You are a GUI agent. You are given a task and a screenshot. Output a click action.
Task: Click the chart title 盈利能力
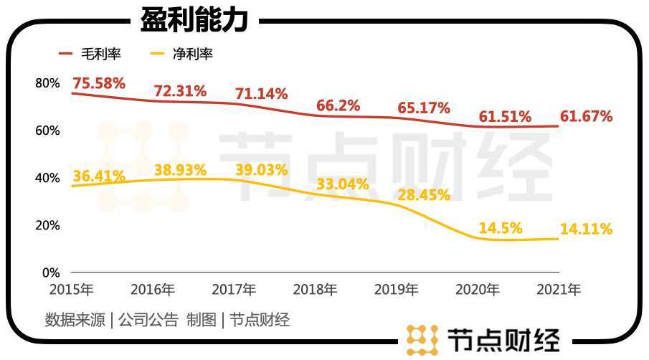click(194, 20)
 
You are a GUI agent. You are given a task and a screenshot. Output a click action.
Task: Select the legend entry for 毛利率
click(91, 54)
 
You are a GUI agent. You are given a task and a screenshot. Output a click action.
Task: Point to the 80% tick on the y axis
click(47, 83)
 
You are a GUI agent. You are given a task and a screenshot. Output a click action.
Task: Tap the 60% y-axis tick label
click(47, 131)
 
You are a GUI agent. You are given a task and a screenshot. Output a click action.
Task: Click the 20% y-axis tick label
click(47, 225)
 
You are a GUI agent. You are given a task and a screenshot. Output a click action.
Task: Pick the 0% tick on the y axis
click(50, 273)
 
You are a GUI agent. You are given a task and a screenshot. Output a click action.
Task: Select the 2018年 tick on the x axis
click(316, 290)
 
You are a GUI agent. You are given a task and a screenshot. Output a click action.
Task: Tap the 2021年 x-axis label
click(559, 290)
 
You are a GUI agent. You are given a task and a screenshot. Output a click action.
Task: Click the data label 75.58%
click(99, 83)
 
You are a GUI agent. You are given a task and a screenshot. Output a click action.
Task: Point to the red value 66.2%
click(338, 106)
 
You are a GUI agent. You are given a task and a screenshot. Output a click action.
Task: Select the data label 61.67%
click(586, 115)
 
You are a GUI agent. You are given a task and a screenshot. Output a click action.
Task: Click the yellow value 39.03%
click(262, 171)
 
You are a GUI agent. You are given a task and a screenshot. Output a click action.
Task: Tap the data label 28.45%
click(424, 195)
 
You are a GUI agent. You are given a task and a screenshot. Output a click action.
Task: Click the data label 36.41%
click(99, 176)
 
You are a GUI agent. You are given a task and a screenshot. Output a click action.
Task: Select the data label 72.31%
click(181, 91)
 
